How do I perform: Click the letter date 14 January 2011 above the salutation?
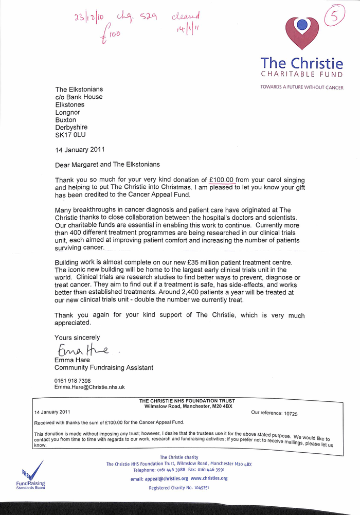coord(80,150)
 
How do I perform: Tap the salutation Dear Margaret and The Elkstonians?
coord(108,165)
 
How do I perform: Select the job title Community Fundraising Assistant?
coord(104,368)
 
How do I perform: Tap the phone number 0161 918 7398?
coord(73,381)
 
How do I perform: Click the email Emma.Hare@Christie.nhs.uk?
coord(90,387)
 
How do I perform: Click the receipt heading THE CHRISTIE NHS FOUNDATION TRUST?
coord(187,401)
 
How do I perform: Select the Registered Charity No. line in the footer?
coord(179,488)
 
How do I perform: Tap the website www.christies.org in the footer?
coord(209,478)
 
